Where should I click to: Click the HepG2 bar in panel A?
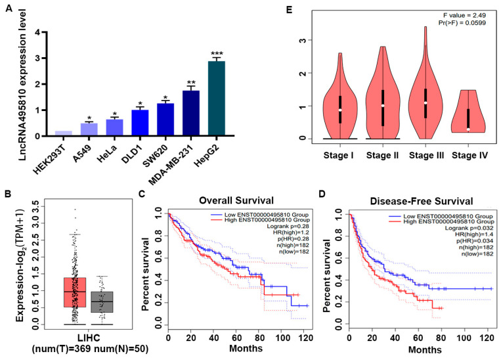tap(216, 98)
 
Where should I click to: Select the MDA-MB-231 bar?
tap(191, 113)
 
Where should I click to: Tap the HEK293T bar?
tap(63, 133)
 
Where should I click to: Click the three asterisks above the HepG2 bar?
tap(217, 54)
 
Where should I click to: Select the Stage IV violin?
tap(468, 111)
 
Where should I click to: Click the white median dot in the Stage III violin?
tap(425, 102)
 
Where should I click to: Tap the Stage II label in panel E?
tap(382, 156)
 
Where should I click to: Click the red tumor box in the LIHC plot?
tap(75, 292)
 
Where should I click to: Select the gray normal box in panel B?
tap(102, 302)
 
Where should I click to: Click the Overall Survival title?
tap(236, 200)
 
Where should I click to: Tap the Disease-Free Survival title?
tap(422, 201)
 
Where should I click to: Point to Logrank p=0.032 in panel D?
tap(469, 228)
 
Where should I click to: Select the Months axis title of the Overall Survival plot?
tap(246, 348)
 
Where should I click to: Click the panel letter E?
tap(290, 9)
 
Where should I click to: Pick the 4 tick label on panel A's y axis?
tap(38, 32)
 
